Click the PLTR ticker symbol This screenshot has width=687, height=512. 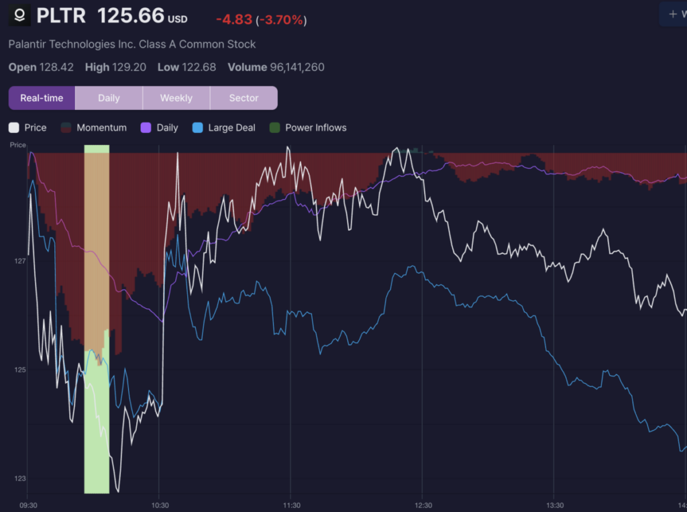61,15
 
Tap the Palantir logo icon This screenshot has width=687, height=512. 20,15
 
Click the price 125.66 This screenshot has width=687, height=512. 131,15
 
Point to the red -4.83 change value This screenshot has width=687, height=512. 233,19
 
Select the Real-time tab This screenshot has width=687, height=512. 42,98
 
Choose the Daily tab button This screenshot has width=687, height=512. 109,98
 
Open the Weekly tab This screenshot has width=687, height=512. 176,98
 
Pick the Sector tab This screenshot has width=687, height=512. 244,98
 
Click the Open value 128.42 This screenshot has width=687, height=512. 57,67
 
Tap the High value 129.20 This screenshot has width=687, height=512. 129,67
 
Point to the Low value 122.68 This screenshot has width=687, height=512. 200,67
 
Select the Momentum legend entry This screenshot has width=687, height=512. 101,127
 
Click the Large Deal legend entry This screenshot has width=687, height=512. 231,127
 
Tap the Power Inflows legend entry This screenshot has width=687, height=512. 315,127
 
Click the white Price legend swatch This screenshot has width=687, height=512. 14,127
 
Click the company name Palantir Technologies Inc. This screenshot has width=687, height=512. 132,44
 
